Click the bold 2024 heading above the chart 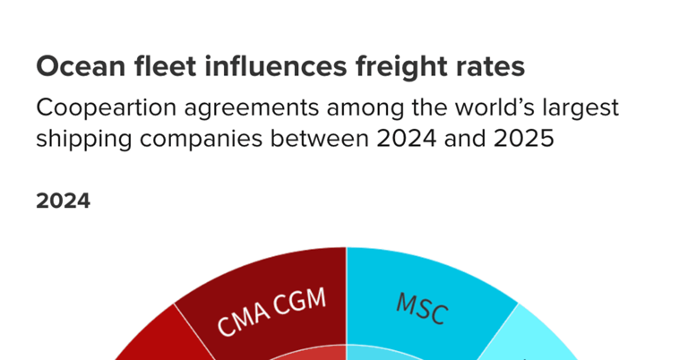coord(63,201)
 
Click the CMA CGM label coord(268,313)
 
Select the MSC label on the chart coord(421,310)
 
